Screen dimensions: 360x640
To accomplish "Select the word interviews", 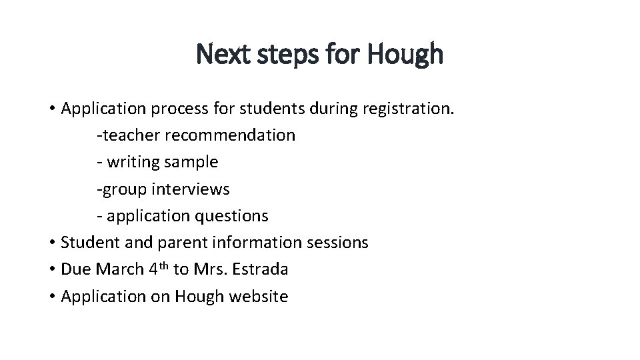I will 191,189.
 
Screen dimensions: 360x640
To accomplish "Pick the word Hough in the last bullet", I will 199,297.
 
